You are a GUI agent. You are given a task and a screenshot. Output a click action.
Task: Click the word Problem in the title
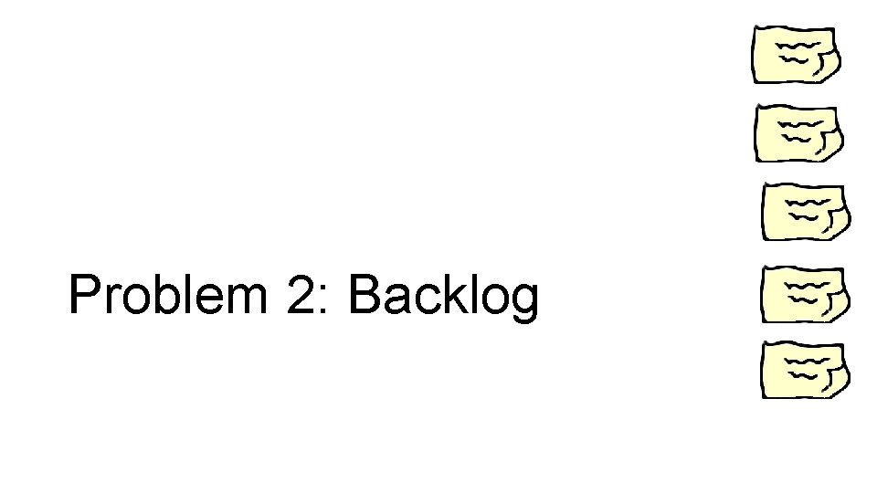[170, 296]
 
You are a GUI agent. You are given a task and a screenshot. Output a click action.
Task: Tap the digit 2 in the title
[301, 296]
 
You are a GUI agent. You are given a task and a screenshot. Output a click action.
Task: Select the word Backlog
[443, 298]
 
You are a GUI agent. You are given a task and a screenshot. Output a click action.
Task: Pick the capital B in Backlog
[364, 296]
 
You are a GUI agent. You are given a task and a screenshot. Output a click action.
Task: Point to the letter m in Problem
[247, 301]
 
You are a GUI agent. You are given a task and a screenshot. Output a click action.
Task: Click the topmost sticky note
[794, 55]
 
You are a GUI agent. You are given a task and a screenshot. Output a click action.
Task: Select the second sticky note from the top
[796, 133]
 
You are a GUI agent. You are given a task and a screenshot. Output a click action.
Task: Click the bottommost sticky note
[805, 371]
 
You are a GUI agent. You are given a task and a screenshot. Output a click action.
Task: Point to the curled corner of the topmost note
[825, 66]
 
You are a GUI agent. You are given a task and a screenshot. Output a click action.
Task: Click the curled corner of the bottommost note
[835, 382]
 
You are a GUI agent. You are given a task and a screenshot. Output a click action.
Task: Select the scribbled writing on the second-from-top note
[795, 128]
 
